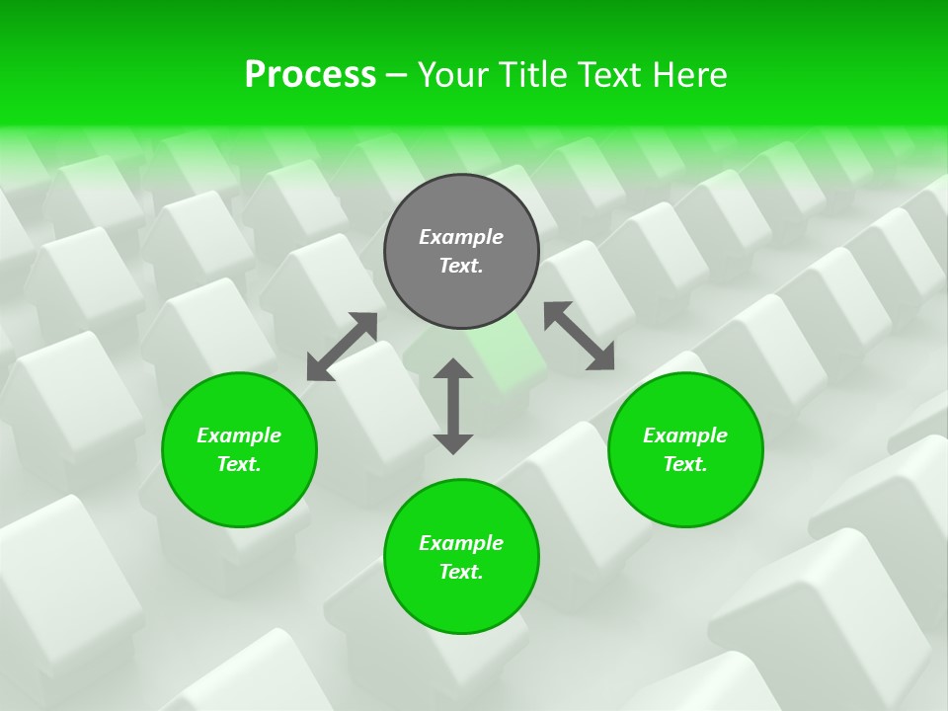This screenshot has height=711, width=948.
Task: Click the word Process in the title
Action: pos(310,75)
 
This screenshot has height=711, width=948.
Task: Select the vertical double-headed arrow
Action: pos(453,406)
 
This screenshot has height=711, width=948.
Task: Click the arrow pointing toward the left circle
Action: pos(342,347)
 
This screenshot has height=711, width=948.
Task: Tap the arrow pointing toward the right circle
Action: pos(580,337)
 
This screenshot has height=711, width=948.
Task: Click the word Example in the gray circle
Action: pos(461,237)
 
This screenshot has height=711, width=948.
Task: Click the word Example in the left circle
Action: pos(239,435)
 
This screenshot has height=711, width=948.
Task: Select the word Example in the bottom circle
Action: pos(461,543)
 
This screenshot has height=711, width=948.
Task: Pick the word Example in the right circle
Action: pos(685,435)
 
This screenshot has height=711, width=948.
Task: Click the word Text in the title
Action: pos(611,75)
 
